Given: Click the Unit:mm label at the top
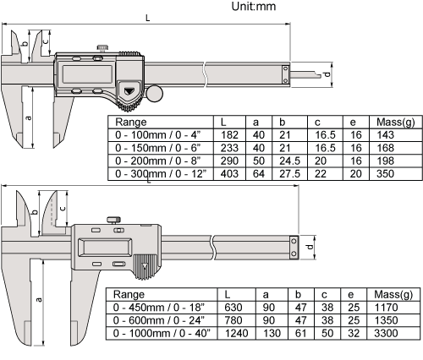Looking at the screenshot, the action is tap(254, 6).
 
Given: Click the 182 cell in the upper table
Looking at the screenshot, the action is tap(229, 135).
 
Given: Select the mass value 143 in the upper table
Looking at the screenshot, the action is tap(385, 135).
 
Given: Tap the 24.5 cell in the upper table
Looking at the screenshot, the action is tap(290, 161).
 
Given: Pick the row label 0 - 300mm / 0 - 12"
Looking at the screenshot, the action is tap(161, 174).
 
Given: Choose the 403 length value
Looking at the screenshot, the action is tap(229, 174).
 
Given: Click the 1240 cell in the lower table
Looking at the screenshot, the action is tap(237, 333).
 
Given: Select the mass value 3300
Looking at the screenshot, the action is tap(386, 333).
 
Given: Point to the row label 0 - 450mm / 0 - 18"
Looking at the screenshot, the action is tap(159, 308).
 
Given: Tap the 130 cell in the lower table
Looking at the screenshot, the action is tap(272, 333).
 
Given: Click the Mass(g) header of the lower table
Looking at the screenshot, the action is tap(393, 295).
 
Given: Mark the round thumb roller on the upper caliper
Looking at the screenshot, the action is tap(154, 93).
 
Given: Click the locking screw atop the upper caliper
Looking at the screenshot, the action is tap(102, 48).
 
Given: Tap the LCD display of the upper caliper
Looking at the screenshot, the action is tap(87, 74).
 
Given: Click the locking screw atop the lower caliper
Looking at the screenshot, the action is tap(113, 220).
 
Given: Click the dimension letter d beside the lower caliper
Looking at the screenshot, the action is tap(310, 247).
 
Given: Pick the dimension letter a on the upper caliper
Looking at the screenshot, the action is tap(28, 117).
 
